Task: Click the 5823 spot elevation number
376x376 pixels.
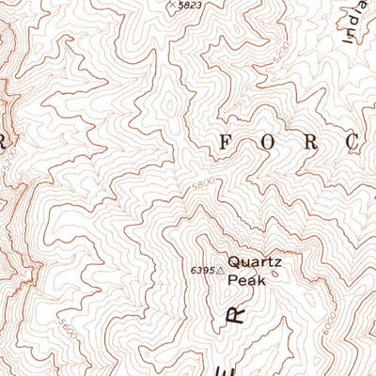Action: pos(191,6)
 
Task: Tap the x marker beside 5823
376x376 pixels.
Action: pos(171,5)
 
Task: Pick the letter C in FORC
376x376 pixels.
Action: pos(351,143)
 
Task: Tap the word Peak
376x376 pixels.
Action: pos(249,280)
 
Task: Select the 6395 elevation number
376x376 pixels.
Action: pos(201,271)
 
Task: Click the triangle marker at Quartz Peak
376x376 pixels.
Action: pos(221,271)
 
